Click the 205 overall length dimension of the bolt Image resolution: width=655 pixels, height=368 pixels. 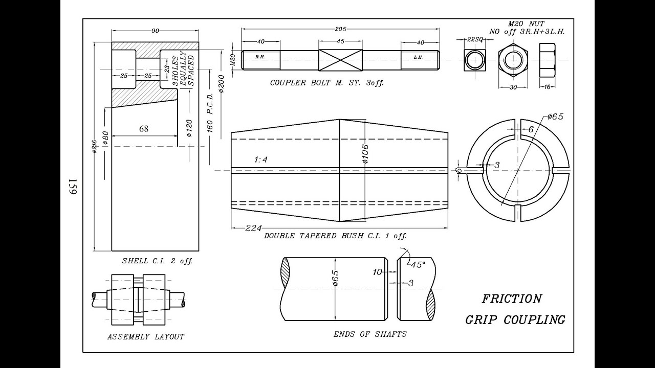[x=340, y=30]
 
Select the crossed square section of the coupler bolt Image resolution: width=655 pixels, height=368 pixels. [x=340, y=60]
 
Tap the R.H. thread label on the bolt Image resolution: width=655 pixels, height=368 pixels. [x=260, y=57]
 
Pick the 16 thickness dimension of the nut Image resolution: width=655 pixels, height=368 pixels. [x=547, y=87]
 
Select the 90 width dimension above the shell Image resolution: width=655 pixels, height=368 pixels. [x=155, y=31]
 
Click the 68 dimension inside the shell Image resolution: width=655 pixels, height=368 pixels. [x=144, y=129]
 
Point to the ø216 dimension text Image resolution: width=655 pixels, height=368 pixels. [x=95, y=147]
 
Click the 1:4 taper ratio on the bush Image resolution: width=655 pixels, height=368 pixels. [x=261, y=159]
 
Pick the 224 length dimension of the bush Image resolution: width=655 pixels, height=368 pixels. [x=250, y=228]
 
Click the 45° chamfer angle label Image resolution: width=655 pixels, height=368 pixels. [x=417, y=265]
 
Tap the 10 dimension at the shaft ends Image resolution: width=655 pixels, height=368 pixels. [x=377, y=272]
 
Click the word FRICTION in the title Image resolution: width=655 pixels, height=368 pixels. [x=511, y=299]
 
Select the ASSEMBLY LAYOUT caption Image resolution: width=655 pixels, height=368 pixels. [x=145, y=337]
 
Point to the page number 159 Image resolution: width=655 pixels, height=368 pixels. [x=72, y=187]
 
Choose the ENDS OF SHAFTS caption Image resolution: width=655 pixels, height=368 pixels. [x=369, y=334]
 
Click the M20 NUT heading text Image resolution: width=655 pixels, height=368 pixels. [x=526, y=24]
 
